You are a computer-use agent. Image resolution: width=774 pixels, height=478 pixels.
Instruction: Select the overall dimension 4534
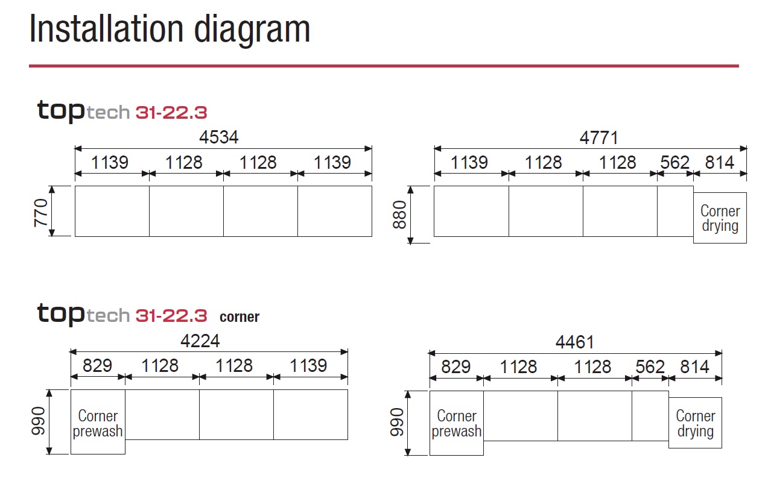click(219, 137)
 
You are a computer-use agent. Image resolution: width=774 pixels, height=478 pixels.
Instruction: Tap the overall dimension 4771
click(599, 138)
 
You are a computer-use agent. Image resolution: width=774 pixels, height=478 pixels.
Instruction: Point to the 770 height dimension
click(41, 213)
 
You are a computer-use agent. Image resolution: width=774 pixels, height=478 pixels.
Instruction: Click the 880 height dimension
click(399, 215)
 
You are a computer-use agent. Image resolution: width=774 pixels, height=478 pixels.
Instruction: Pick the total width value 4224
click(200, 341)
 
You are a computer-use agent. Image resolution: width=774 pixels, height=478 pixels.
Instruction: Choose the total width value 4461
click(575, 342)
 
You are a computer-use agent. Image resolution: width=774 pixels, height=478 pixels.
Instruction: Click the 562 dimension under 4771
click(675, 162)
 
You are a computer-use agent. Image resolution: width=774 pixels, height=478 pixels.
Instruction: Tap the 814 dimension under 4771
click(720, 162)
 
